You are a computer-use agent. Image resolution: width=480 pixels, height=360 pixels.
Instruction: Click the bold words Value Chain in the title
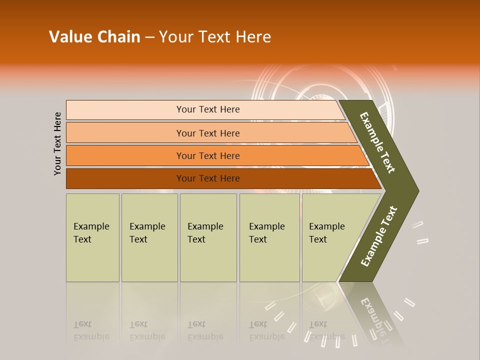point(94,37)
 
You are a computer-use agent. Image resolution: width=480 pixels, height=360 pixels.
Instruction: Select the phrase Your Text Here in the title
point(215,37)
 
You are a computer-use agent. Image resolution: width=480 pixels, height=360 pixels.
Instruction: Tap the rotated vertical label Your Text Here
point(57,143)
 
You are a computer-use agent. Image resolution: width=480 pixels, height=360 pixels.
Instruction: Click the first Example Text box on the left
point(92,237)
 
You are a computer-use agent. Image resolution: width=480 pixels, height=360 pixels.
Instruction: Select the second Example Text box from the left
point(149,237)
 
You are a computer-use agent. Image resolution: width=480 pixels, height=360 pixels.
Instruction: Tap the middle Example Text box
point(208,237)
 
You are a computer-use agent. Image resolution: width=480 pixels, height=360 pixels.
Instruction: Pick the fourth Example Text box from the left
point(269,237)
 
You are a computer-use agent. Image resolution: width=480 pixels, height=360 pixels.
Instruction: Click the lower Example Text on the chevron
point(379,236)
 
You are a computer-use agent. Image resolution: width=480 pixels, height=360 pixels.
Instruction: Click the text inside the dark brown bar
point(208,178)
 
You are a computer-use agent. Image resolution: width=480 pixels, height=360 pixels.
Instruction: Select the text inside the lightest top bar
point(208,109)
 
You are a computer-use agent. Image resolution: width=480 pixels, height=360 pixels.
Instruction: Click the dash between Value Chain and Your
point(149,37)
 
